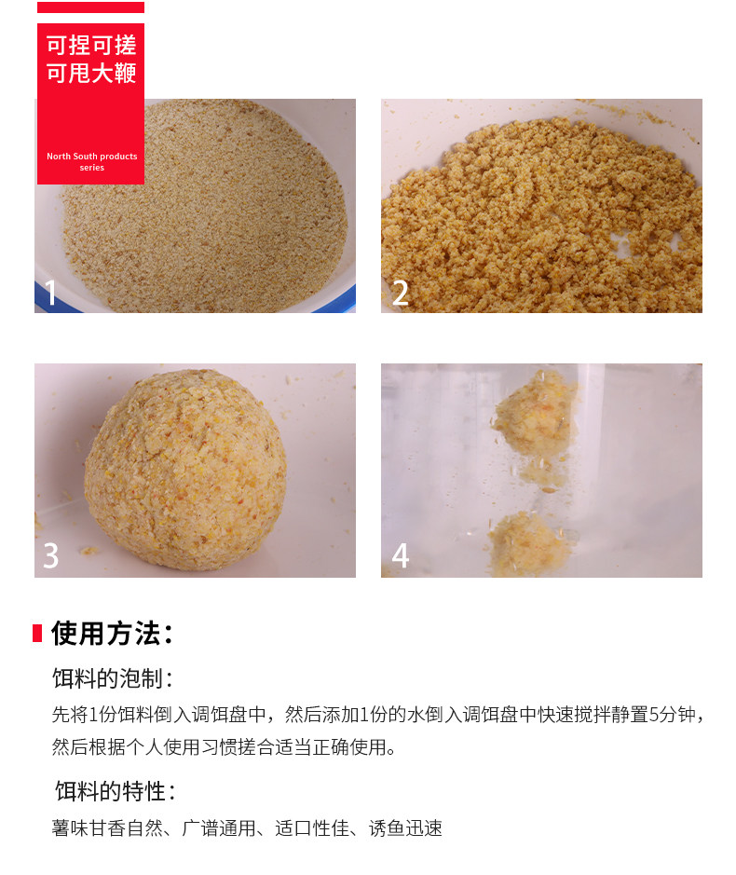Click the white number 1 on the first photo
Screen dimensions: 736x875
(x=51, y=293)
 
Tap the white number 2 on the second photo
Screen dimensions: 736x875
(x=400, y=293)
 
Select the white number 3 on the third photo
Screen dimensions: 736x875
(x=51, y=555)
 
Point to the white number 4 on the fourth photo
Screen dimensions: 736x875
(x=400, y=555)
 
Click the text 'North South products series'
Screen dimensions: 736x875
(x=91, y=162)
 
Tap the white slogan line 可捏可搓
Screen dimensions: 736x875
(x=91, y=46)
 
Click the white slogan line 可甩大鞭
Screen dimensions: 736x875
(x=91, y=73)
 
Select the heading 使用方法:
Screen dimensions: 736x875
(x=112, y=634)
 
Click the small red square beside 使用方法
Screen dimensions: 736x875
(x=37, y=634)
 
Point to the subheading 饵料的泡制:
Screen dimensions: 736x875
(x=113, y=678)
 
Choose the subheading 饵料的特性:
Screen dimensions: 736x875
(x=115, y=791)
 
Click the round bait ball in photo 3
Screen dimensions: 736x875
(x=185, y=469)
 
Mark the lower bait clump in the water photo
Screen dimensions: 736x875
(x=530, y=544)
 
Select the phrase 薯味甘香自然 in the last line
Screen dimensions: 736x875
(x=107, y=828)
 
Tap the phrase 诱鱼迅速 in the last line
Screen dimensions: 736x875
(x=405, y=828)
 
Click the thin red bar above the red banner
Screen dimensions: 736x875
(x=90, y=7)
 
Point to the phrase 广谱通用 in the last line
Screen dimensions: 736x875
(x=219, y=828)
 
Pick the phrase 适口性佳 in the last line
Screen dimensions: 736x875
(x=312, y=828)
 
